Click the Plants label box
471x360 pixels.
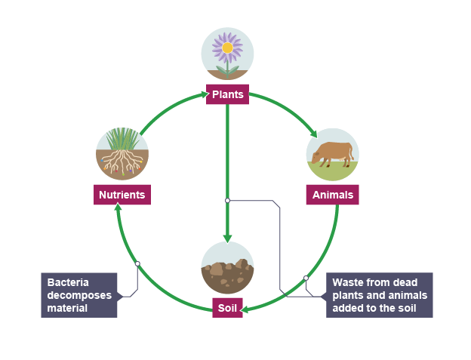click(227, 94)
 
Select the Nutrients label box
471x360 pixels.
click(122, 195)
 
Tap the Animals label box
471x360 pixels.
click(333, 195)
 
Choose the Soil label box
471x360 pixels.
click(227, 308)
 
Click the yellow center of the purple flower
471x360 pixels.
click(227, 48)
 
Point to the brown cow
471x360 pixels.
click(332, 152)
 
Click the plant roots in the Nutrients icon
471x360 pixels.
click(122, 161)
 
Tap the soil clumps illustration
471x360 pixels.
click(227, 272)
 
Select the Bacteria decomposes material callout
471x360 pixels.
click(79, 294)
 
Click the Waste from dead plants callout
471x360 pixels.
click(379, 294)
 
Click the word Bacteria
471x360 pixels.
click(68, 283)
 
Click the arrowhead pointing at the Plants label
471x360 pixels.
click(204, 94)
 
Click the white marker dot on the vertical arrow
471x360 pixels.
click(227, 201)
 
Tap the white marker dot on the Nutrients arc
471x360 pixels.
click(137, 263)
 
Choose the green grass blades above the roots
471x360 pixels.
click(122, 140)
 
